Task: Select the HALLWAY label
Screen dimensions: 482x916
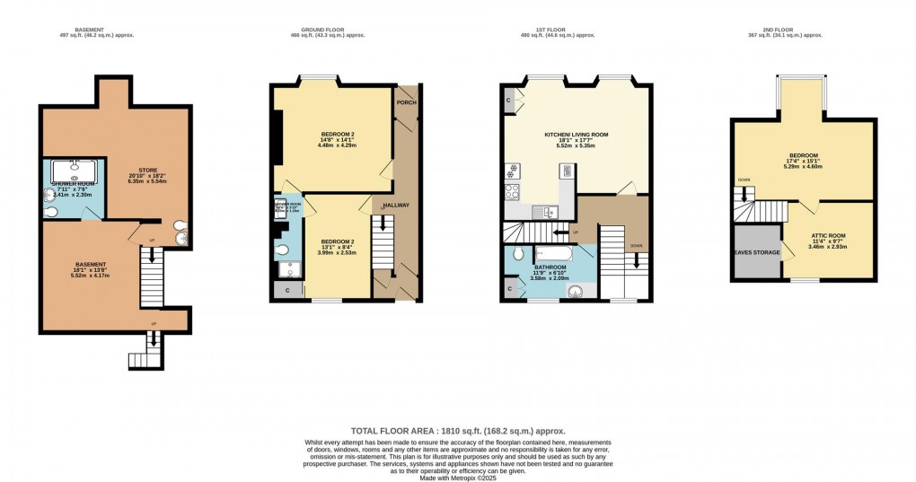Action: [396, 206]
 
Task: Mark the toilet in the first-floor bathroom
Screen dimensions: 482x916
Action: [519, 255]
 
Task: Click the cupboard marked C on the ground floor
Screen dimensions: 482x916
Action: [286, 290]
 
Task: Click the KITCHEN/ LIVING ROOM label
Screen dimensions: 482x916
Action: [576, 135]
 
